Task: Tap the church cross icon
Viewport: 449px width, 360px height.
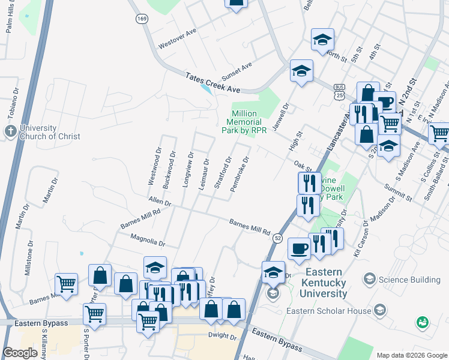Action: tap(10, 131)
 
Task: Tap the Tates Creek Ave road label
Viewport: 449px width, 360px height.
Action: tap(212, 83)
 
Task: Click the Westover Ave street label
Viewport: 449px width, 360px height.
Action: tap(178, 38)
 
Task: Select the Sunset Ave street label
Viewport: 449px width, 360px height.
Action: tap(237, 73)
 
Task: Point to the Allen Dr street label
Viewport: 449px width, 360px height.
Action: tap(160, 201)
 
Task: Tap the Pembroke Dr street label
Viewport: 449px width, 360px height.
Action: tap(244, 170)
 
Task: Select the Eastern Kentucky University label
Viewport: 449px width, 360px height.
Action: tap(316, 283)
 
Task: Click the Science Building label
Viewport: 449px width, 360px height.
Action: tap(409, 280)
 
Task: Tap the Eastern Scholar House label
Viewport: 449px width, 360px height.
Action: tap(329, 311)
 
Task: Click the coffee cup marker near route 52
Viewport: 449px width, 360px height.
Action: tap(299, 248)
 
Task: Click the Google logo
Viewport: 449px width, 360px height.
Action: tap(20, 352)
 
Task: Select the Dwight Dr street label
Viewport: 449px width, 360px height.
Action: tap(223, 335)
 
